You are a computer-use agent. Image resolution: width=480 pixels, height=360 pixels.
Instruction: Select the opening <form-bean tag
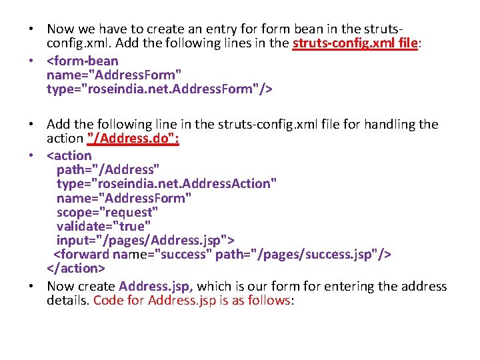click(82, 61)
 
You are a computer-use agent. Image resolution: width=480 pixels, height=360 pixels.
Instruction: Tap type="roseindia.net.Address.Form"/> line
click(160, 89)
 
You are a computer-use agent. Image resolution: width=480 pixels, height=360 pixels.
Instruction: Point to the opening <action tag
click(69, 155)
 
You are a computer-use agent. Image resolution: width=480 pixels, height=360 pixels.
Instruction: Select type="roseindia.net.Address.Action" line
click(167, 183)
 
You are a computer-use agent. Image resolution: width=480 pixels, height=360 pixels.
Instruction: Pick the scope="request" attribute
click(107, 212)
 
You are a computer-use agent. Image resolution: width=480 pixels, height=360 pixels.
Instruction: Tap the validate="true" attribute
click(103, 226)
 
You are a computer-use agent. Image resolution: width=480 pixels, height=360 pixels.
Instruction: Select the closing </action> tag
click(76, 269)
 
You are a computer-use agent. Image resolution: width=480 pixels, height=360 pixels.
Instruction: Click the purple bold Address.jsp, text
click(156, 286)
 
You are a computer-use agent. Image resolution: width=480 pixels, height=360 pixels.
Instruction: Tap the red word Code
click(108, 300)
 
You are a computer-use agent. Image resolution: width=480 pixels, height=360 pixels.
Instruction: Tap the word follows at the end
click(269, 300)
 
